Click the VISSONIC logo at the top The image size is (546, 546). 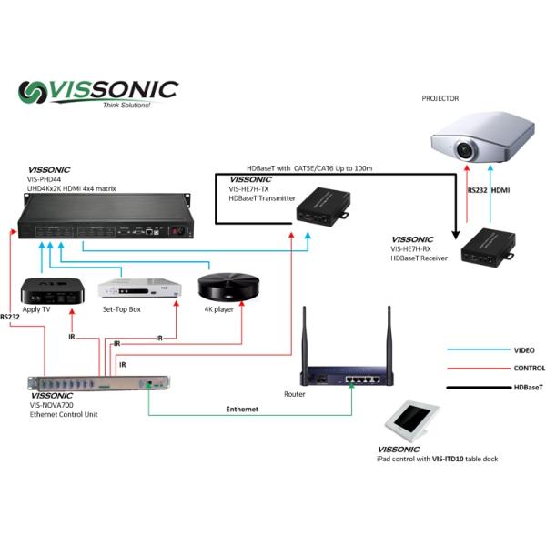pos(100,92)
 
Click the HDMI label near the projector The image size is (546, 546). pos(501,191)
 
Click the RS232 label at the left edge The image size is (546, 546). pos(10,318)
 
